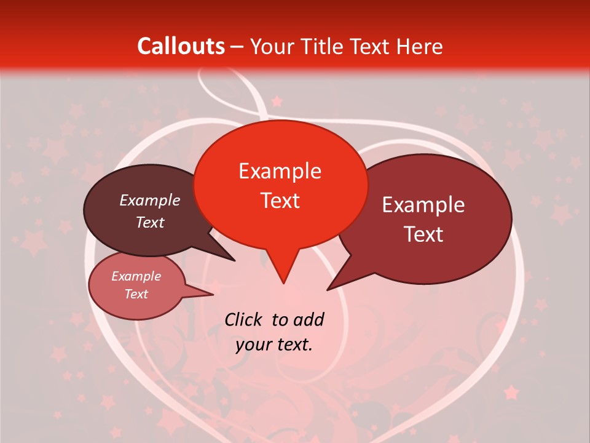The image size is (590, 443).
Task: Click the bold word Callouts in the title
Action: [x=181, y=46]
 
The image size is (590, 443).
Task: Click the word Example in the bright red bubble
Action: [x=280, y=171]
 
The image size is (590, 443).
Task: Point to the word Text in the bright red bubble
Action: [x=280, y=201]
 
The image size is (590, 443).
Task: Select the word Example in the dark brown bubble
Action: [x=150, y=200]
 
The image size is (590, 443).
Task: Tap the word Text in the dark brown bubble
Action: [x=150, y=222]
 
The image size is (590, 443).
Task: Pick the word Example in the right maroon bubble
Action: [x=423, y=205]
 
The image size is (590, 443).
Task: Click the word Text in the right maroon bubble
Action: [x=423, y=234]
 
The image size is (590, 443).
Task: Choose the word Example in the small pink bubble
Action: [x=136, y=276]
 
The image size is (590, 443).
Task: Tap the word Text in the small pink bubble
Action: [x=136, y=294]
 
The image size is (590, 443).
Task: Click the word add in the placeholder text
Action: [x=309, y=319]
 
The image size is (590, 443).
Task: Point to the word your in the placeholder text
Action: [x=253, y=345]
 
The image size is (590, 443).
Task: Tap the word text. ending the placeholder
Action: [x=294, y=345]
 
